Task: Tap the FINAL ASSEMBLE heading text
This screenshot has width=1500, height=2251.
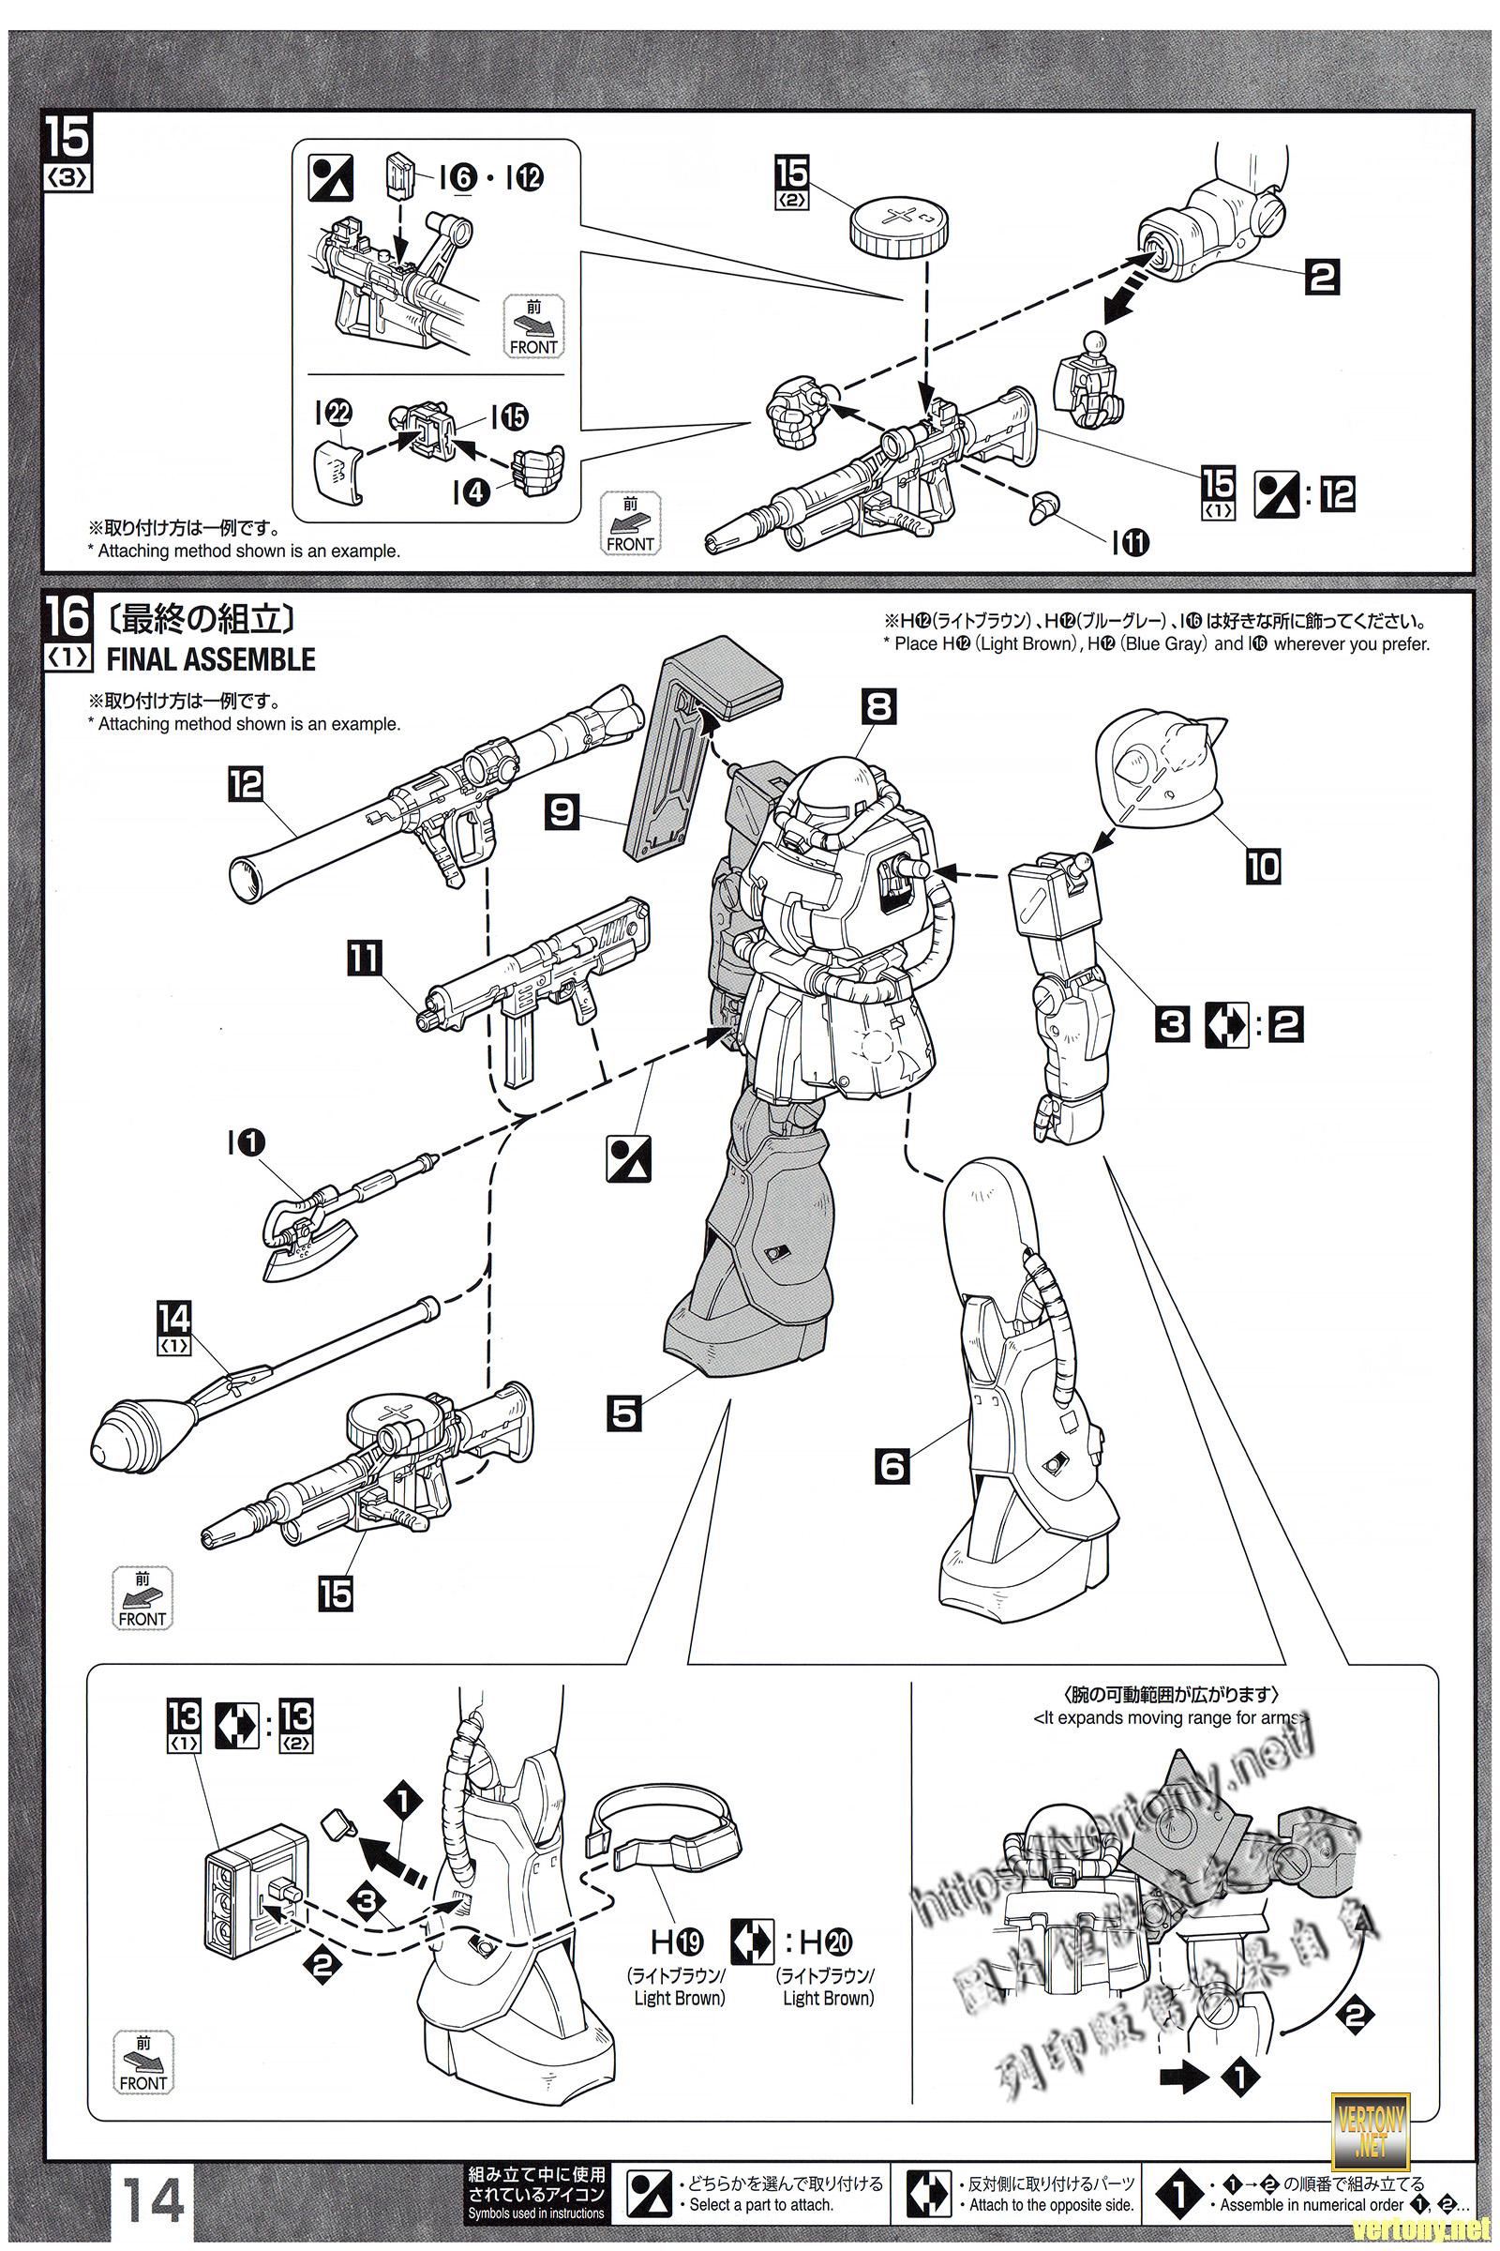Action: tap(210, 659)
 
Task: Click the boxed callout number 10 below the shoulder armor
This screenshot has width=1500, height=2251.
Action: tap(1262, 866)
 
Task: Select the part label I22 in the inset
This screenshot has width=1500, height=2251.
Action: tap(338, 414)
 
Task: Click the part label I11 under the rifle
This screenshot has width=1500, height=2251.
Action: tap(1130, 543)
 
